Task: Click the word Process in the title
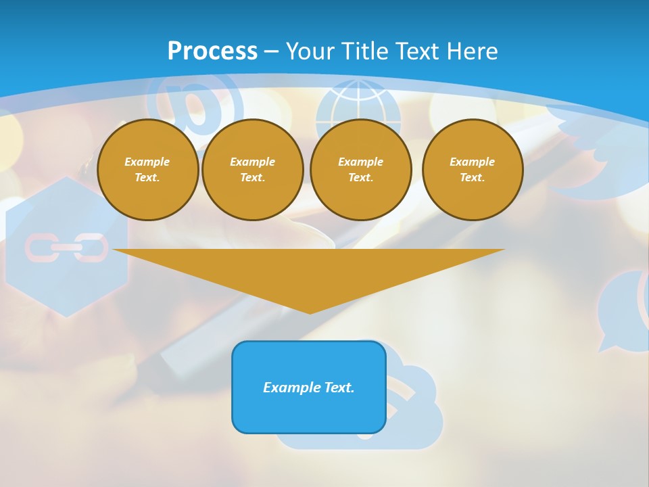(x=212, y=51)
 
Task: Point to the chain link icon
(x=66, y=248)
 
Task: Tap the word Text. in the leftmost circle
(x=147, y=177)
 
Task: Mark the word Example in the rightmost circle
(x=472, y=162)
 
